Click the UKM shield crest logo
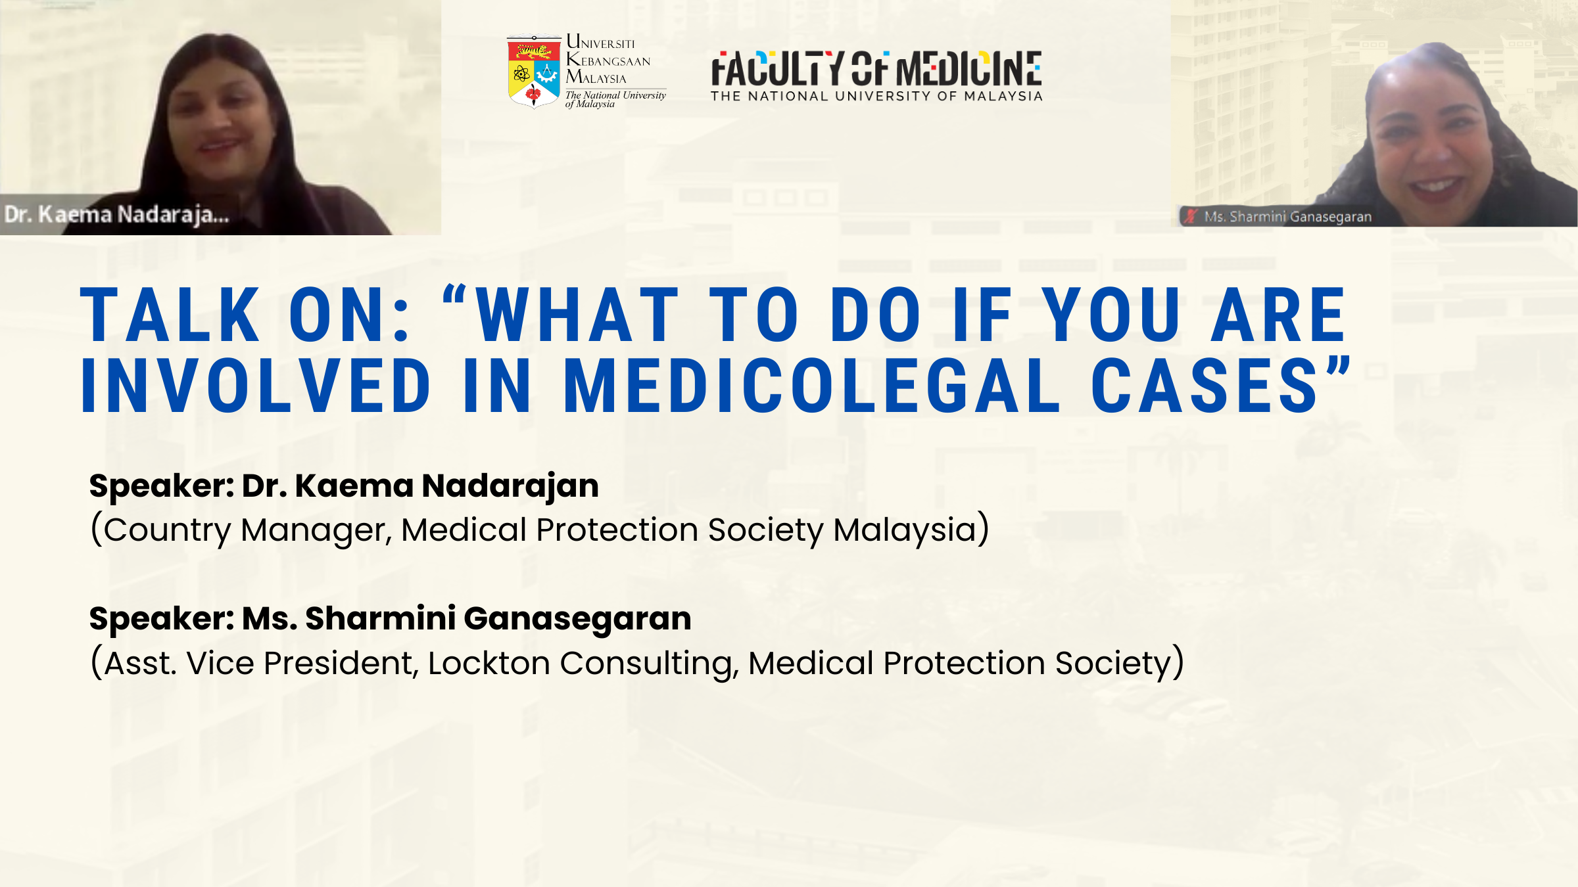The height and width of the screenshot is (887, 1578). [534, 72]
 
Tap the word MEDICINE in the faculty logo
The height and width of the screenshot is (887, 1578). [969, 69]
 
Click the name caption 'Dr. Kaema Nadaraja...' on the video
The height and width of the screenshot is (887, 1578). [117, 215]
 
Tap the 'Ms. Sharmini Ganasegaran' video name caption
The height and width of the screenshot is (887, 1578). [1287, 217]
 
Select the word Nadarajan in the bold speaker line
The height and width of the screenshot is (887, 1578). [510, 487]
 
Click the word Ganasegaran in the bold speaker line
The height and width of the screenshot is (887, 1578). [577, 619]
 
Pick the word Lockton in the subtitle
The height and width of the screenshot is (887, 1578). [489, 663]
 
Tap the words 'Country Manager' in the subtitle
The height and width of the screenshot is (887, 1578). [247, 531]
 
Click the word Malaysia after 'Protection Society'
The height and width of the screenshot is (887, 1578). [905, 530]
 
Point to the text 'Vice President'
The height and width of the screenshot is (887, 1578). [300, 663]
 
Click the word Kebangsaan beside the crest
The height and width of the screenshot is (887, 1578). [608, 60]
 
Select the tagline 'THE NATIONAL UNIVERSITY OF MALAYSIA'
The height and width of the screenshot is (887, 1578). [876, 97]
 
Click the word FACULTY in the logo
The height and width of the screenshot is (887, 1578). [778, 69]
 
